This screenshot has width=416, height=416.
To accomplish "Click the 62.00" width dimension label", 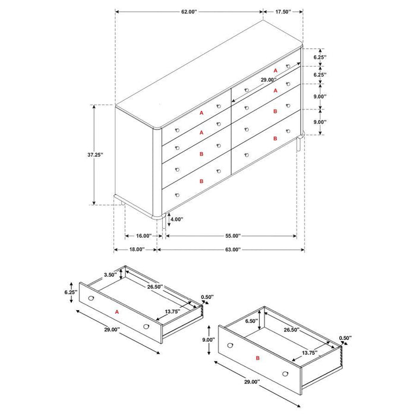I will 188,11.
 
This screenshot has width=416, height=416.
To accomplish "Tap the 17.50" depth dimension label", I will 283,11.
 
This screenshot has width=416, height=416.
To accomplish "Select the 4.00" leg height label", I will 177,219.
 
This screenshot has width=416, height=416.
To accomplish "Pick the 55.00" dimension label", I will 232,236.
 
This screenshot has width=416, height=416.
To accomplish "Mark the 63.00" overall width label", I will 232,250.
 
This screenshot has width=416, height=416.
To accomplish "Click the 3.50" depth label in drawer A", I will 109,275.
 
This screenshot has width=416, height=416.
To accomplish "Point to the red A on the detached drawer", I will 117,310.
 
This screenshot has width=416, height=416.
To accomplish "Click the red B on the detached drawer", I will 257,358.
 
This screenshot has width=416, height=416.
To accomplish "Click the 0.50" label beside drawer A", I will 207,297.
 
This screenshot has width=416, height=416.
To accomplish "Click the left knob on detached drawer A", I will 91,298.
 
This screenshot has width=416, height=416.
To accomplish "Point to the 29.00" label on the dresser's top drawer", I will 269,80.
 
